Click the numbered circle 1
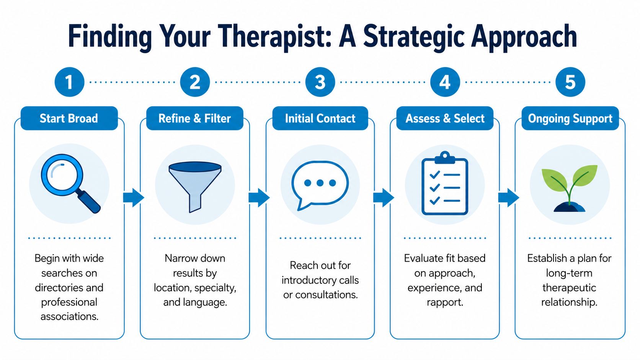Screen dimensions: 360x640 click(x=69, y=82)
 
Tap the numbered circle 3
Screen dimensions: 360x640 click(x=320, y=82)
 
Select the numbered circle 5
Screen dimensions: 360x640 click(x=570, y=82)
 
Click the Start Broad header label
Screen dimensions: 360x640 click(x=69, y=119)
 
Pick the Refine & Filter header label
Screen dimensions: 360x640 click(x=194, y=119)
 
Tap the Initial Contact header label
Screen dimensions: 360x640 click(x=320, y=119)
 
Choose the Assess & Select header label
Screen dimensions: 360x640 click(x=445, y=119)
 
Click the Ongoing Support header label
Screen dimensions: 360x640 click(x=570, y=119)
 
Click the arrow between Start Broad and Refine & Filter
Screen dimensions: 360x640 click(x=133, y=197)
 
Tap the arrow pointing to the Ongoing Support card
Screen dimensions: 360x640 click(x=508, y=197)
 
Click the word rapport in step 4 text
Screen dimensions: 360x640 click(x=445, y=302)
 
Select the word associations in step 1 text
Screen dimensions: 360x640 click(x=69, y=317)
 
